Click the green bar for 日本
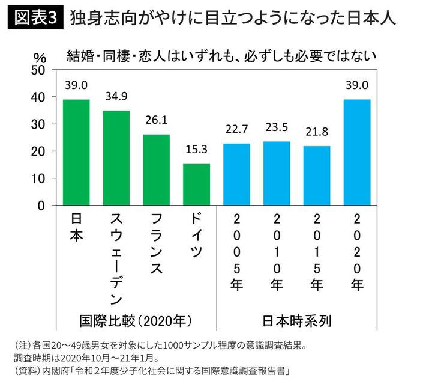(x=76, y=153)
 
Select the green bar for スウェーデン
(x=116, y=158)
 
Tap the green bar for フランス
(x=156, y=170)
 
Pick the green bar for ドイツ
(x=196, y=184)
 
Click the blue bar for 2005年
(x=236, y=175)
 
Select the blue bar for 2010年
(x=277, y=174)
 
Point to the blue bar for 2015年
(x=317, y=176)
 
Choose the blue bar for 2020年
(x=356, y=153)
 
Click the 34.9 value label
(x=116, y=95)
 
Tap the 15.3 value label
(x=196, y=148)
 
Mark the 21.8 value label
(x=317, y=130)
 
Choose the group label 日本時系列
(x=296, y=318)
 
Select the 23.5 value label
(x=277, y=127)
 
